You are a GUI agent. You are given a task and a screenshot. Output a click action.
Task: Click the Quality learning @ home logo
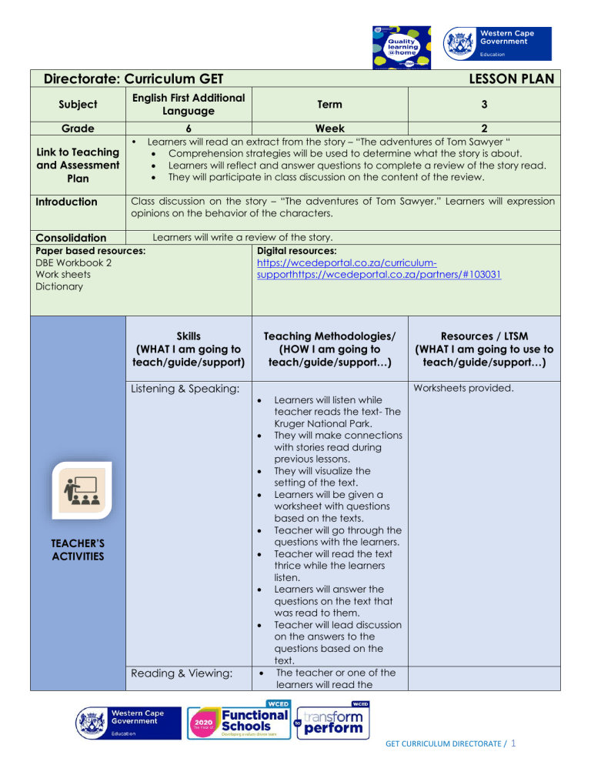[399, 45]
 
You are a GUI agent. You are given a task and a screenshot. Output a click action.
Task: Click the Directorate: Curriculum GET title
[139, 79]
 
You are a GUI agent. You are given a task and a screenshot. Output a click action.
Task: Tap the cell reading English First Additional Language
[189, 104]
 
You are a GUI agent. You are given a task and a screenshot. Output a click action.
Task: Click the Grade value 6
[189, 129]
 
